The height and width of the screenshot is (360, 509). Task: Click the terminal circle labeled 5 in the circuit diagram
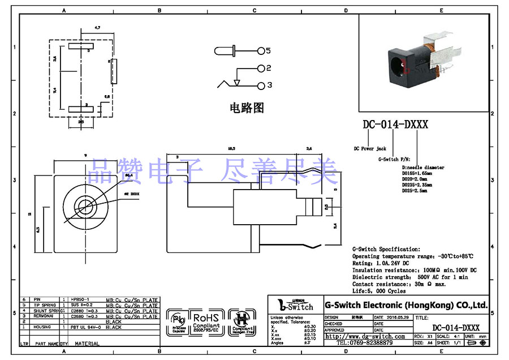[261, 51]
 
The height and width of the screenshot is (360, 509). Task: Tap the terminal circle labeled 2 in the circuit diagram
[261, 68]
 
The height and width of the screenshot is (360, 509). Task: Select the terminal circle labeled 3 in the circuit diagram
[261, 85]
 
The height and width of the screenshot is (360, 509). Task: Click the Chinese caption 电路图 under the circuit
[247, 108]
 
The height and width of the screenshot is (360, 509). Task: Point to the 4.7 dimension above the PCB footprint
[97, 28]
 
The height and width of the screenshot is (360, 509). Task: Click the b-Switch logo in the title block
[295, 305]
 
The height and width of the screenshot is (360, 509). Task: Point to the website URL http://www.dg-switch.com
[365, 336]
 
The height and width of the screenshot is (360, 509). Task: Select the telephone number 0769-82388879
[365, 342]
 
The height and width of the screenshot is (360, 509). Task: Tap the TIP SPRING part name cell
[46, 306]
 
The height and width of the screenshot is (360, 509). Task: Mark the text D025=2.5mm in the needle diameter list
[414, 191]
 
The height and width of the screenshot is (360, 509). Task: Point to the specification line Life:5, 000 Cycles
[378, 291]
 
